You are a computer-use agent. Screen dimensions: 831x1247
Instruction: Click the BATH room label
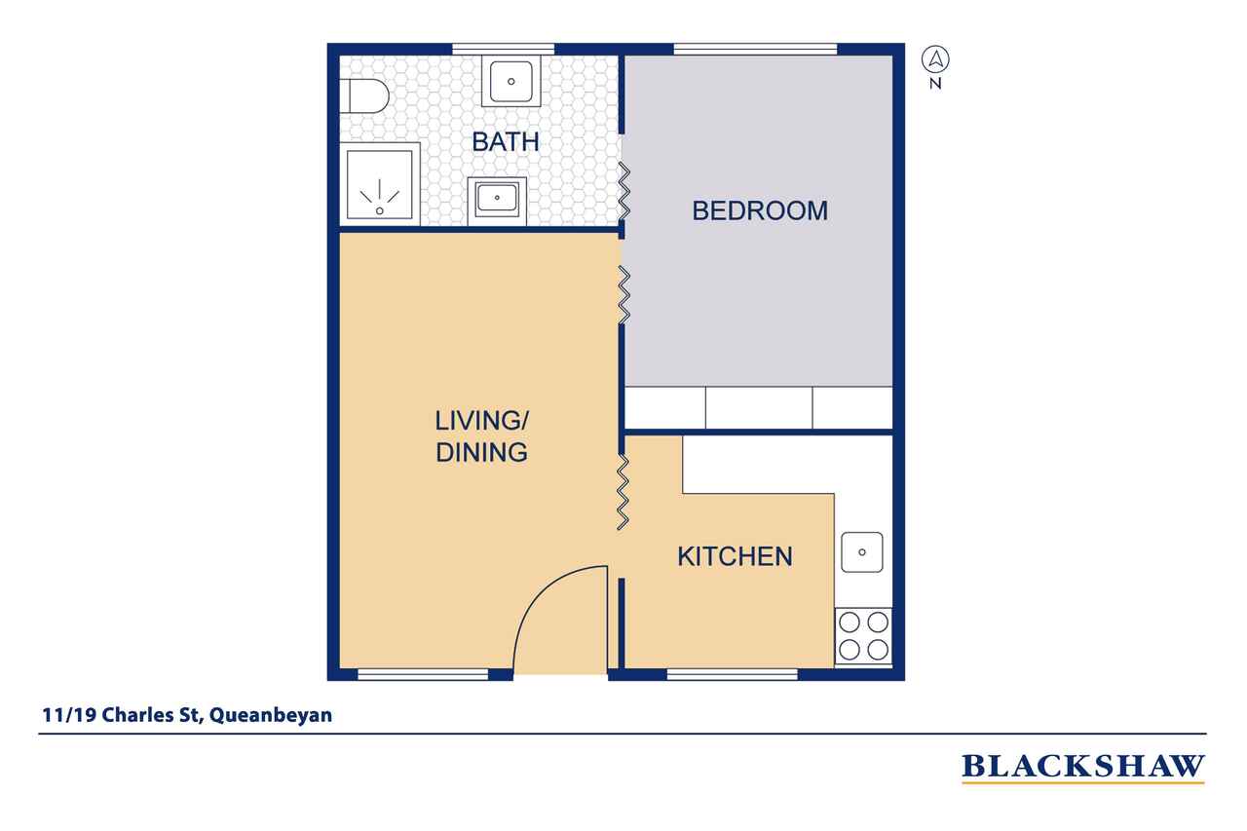pos(505,141)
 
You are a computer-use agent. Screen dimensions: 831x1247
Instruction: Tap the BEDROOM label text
pos(759,210)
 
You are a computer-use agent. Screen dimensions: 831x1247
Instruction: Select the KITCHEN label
pos(735,556)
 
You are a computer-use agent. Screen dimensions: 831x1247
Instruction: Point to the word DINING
pos(481,452)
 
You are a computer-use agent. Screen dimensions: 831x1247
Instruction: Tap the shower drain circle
pos(379,210)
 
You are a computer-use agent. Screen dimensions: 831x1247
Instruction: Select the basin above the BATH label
pos(510,80)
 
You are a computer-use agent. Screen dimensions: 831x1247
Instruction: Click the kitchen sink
pos(862,552)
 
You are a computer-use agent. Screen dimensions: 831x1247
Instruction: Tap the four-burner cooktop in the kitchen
pos(864,635)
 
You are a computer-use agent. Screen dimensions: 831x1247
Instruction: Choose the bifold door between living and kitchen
pos(623,491)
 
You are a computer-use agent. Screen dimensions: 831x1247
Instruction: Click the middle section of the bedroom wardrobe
pos(758,407)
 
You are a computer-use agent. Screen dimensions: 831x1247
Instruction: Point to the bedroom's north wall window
pos(755,49)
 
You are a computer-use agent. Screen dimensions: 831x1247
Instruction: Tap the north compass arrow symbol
pos(935,60)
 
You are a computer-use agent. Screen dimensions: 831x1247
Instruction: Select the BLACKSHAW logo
pos(1082,767)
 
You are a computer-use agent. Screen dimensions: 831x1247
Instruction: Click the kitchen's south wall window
pos(733,673)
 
